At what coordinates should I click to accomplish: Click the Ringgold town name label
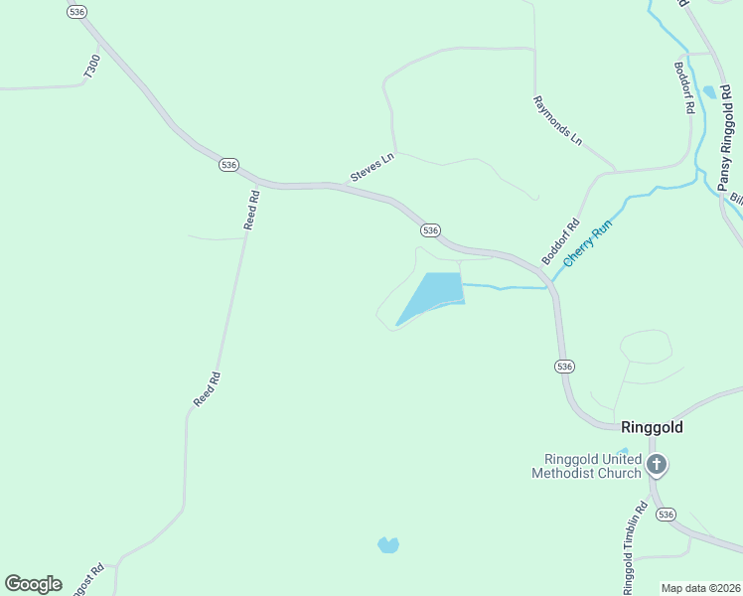[x=652, y=428]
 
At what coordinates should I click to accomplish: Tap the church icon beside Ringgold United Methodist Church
[x=656, y=464]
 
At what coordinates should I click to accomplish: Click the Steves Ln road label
[x=372, y=167]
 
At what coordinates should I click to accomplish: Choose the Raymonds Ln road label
[x=557, y=121]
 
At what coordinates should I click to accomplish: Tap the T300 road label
[x=92, y=68]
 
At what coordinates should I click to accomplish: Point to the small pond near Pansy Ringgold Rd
[x=708, y=92]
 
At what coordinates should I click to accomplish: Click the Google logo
[x=33, y=584]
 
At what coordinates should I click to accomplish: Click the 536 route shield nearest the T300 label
[x=77, y=11]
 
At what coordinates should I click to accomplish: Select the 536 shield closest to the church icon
[x=666, y=515]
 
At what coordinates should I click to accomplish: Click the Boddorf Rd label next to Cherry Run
[x=560, y=241]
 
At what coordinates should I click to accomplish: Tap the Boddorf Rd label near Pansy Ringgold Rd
[x=683, y=87]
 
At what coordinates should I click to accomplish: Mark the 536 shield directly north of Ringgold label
[x=564, y=366]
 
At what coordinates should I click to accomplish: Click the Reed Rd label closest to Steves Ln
[x=252, y=211]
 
